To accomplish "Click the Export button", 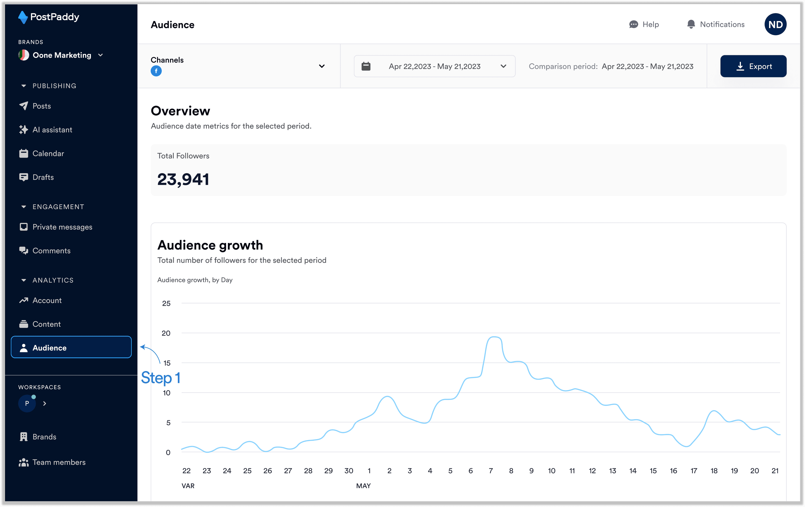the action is coord(753,66).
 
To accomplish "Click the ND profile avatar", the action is coord(775,24).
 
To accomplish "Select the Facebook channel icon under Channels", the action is coord(156,71).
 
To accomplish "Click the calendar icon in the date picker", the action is coord(366,66).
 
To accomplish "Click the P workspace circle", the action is coord(27,403).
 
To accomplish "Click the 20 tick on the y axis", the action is coord(166,333).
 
